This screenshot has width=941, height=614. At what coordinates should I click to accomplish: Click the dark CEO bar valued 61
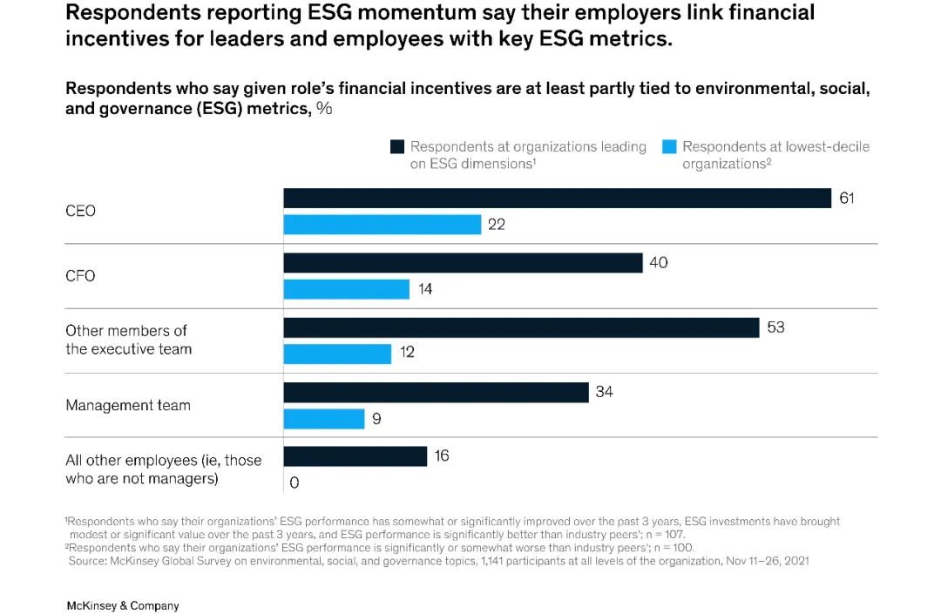557,199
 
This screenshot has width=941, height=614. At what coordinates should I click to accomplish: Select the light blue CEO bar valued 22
382,225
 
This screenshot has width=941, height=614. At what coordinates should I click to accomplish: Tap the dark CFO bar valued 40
463,263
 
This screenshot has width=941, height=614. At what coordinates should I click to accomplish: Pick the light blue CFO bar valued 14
346,289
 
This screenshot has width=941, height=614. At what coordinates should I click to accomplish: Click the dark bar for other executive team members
521,327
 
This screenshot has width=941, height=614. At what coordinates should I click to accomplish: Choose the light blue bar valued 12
337,354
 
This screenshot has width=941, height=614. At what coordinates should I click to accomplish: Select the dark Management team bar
436,393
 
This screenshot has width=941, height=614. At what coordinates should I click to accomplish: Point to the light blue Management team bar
323,419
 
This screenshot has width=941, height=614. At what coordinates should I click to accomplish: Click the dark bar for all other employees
355,456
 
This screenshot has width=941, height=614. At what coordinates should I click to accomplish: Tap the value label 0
294,482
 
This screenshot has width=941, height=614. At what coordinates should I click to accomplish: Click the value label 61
847,198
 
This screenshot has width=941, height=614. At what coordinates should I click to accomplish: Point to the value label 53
775,327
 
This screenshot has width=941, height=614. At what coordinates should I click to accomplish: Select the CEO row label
80,211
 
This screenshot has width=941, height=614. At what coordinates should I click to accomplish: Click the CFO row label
80,276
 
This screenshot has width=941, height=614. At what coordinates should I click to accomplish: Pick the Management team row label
127,405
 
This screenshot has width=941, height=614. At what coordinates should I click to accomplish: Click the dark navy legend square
397,147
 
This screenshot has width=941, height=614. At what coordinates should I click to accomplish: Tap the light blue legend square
669,147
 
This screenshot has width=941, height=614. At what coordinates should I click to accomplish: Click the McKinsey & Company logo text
122,605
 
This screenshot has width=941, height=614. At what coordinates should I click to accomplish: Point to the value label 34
604,392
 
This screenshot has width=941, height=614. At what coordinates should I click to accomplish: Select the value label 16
442,456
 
